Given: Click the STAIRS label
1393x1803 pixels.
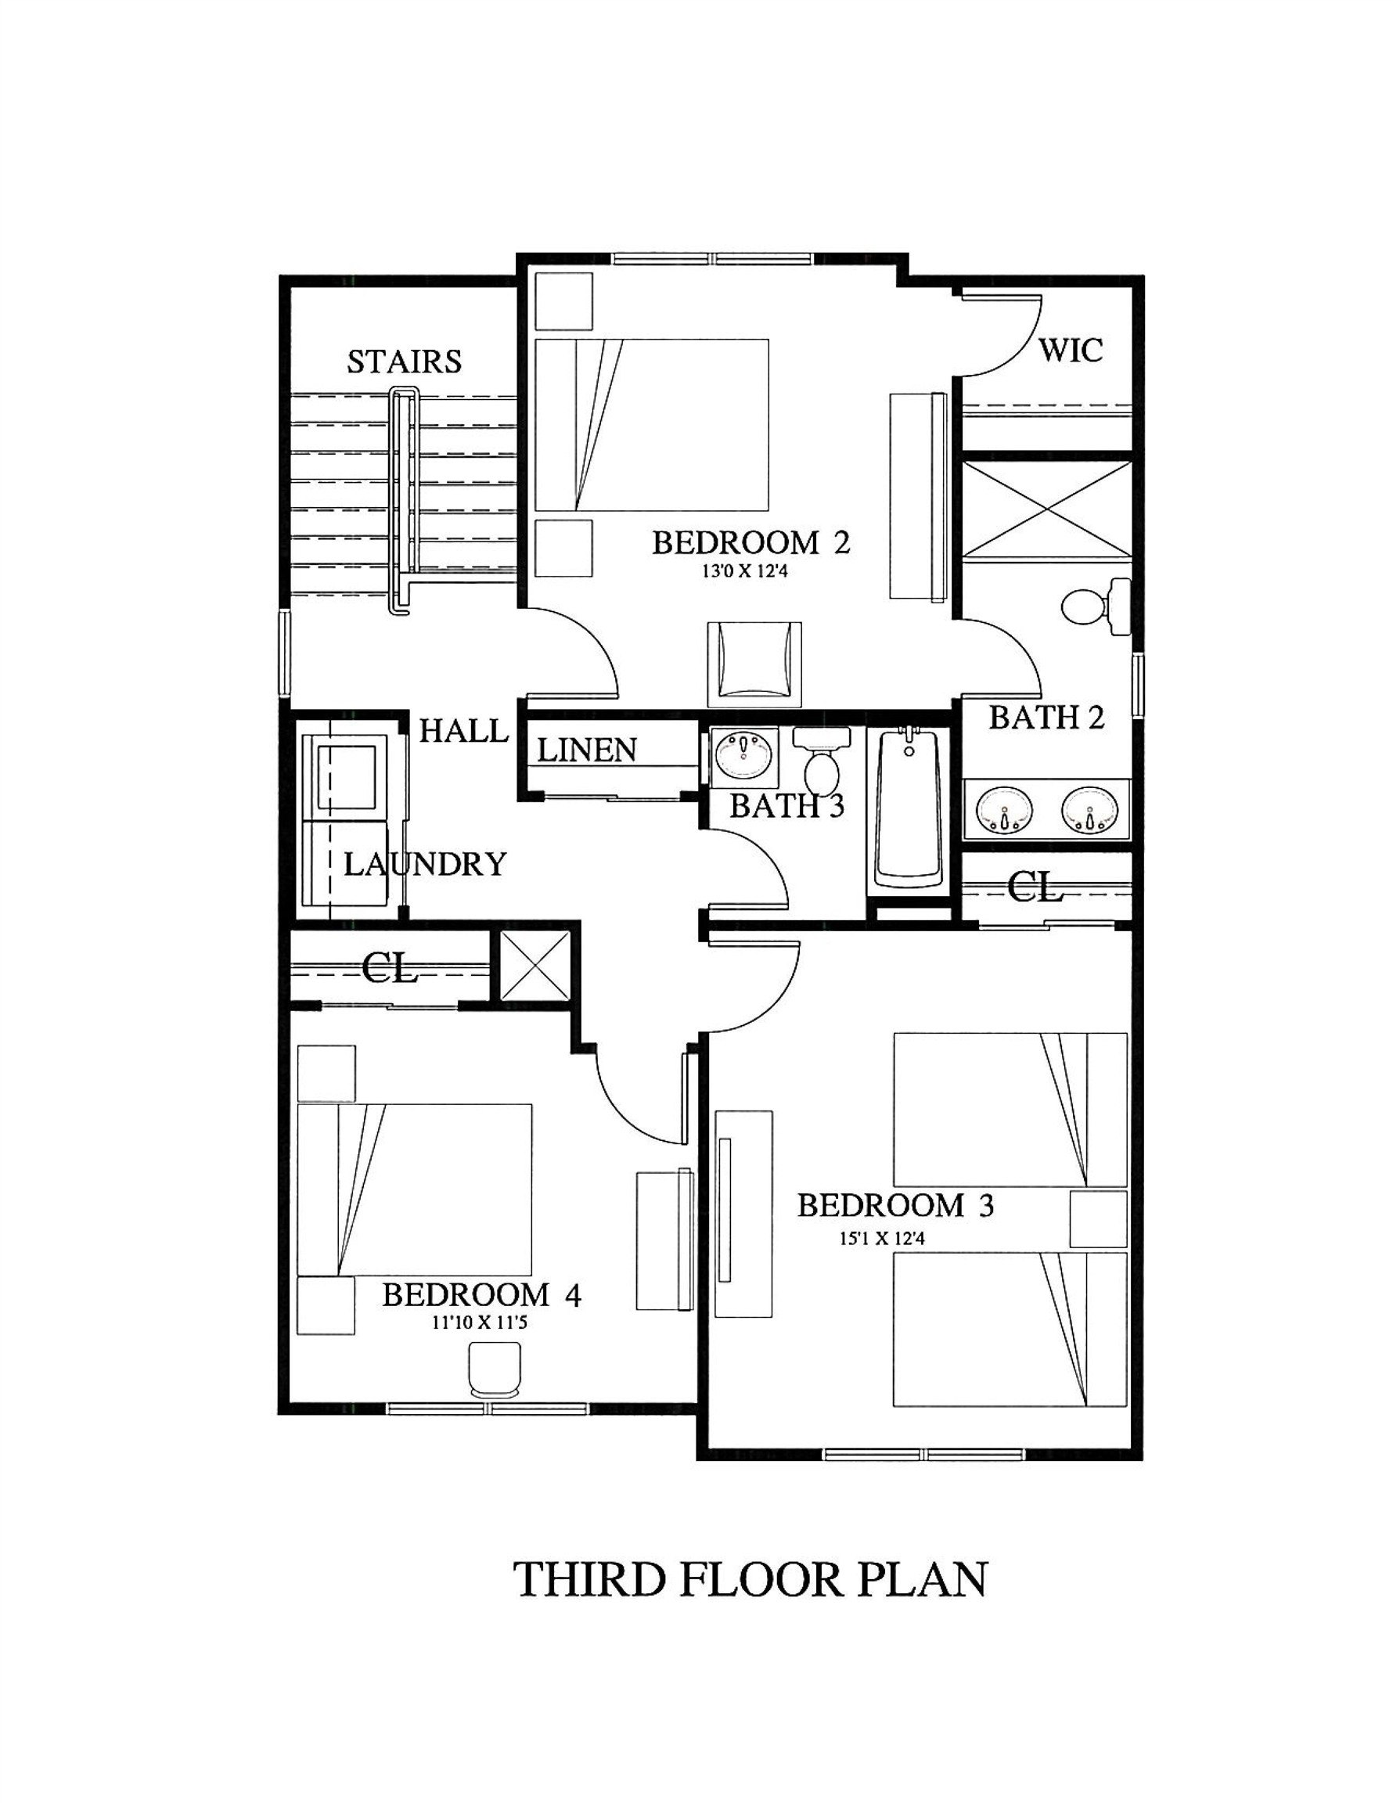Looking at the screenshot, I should pyautogui.click(x=404, y=362).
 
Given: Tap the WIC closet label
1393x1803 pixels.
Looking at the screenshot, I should pyautogui.click(x=1070, y=350).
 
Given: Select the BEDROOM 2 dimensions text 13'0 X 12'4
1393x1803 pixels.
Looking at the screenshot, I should pyautogui.click(x=745, y=570).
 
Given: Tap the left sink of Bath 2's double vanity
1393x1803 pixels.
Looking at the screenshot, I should pyautogui.click(x=1004, y=811).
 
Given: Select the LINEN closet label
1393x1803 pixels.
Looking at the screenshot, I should pyautogui.click(x=587, y=750).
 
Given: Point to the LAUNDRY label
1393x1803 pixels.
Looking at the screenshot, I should pyautogui.click(x=424, y=865).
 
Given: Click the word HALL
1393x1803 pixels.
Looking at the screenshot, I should pyautogui.click(x=463, y=731).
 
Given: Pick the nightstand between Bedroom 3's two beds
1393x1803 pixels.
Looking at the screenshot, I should pyautogui.click(x=1098, y=1218).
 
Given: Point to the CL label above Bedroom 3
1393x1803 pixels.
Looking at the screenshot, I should pyautogui.click(x=1033, y=888).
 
